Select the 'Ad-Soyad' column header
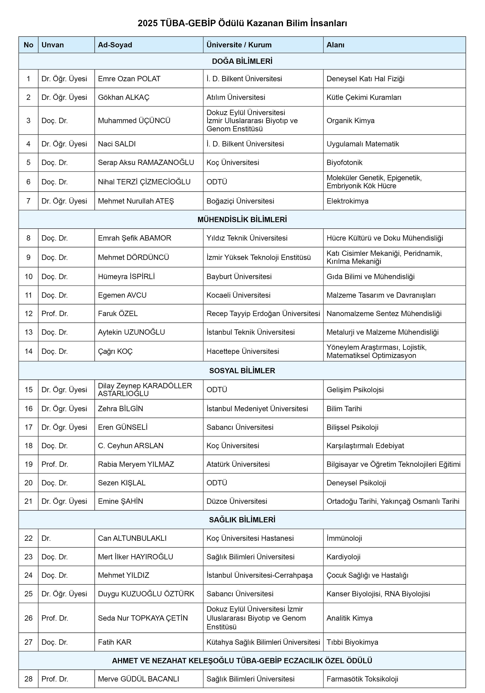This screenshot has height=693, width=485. point(115,45)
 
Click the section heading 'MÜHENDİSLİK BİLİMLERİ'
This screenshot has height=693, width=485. point(242,219)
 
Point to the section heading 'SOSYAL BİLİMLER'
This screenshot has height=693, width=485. point(242,371)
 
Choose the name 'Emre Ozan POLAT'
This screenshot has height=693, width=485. point(129,79)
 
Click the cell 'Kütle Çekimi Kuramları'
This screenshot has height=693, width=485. point(364,97)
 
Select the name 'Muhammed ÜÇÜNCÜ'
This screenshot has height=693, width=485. point(134,121)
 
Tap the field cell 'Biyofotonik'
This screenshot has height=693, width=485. point(344,162)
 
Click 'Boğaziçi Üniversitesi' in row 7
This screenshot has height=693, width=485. point(240,201)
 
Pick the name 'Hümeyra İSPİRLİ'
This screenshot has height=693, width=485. point(126,277)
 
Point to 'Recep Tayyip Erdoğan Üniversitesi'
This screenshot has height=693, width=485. point(263,314)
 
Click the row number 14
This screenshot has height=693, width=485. point(28,351)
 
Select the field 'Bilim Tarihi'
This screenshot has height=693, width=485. point(344,409)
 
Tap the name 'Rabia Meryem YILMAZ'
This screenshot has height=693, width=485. point(136,464)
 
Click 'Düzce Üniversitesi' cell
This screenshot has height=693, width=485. point(237,501)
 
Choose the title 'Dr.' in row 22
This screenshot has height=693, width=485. point(46,538)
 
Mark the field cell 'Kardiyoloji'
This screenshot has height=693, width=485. point(344,557)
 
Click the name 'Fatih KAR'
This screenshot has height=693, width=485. point(115,642)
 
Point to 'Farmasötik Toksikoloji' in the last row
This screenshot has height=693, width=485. point(362,679)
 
